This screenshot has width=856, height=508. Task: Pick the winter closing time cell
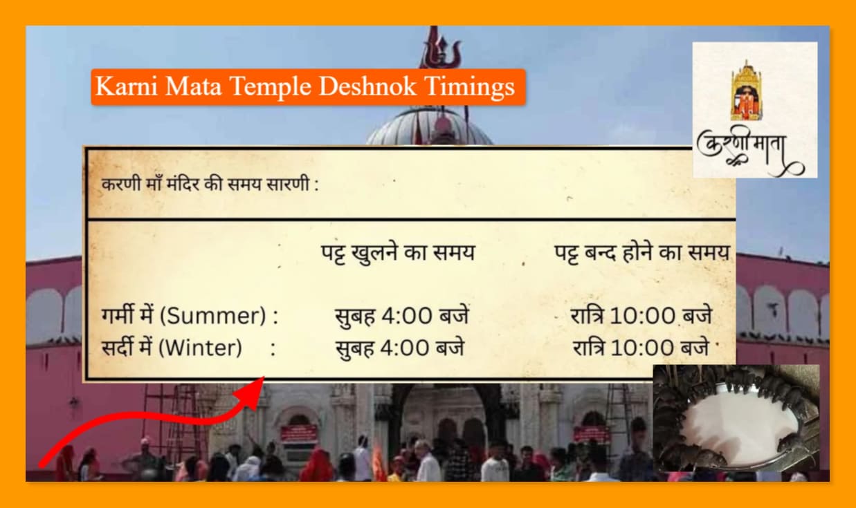click(642, 348)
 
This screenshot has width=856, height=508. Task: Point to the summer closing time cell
click(641, 316)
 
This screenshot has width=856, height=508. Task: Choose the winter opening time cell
click(400, 348)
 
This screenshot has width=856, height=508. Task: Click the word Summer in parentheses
click(218, 317)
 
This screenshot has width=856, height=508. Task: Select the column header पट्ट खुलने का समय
click(397, 253)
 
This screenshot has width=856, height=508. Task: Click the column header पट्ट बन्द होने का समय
click(641, 253)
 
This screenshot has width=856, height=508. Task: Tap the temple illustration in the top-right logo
click(746, 89)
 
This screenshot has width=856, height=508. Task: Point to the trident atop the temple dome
click(440, 48)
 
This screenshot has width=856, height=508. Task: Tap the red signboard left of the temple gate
click(298, 434)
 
